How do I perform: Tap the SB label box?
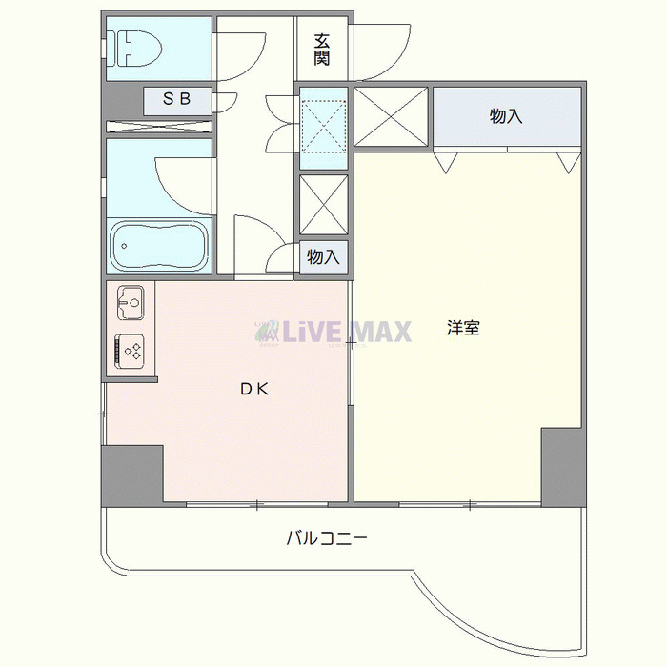pos(179,99)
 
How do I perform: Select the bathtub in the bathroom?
pos(159,247)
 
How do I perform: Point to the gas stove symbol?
pos(131,350)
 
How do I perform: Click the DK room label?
pos(253,388)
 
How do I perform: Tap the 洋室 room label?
pos(463,329)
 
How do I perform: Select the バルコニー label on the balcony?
pos(327,538)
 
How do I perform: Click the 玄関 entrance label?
pos(322,49)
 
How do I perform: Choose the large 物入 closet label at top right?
pos(506,116)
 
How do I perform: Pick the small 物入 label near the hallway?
pos(323,257)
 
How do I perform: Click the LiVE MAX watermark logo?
pos(333,331)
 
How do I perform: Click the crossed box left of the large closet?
pos(393,116)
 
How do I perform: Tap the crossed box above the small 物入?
pos(323,204)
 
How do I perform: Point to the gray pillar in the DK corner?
pos(132,474)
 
